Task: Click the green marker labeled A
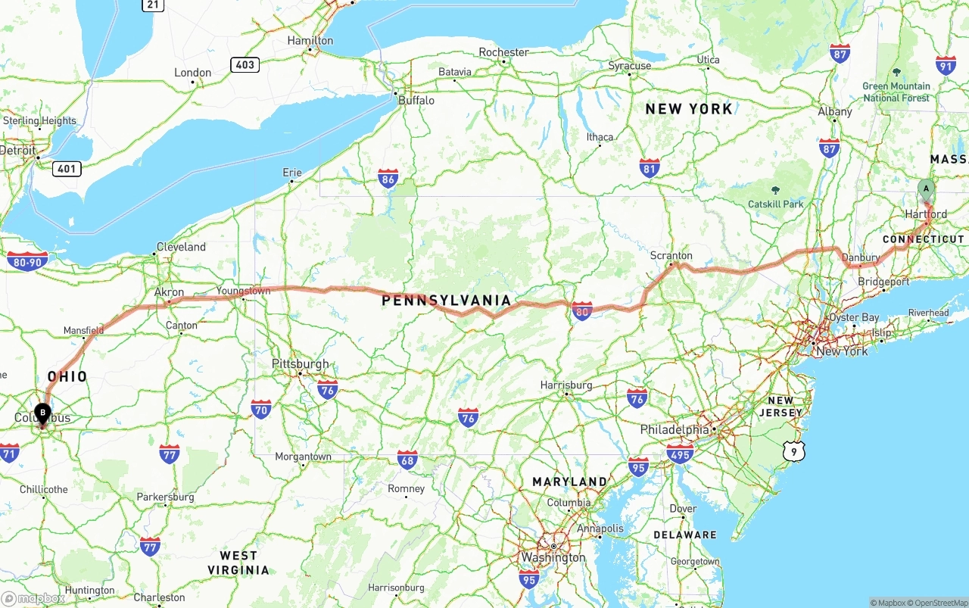pos(925,189)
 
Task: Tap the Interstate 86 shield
pos(388,178)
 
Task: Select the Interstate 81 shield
pos(649,167)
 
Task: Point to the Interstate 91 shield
pos(946,65)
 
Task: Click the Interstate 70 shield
pos(261,410)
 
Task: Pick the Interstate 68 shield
pos(407,459)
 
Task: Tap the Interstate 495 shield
pos(680,454)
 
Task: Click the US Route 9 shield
pos(793,452)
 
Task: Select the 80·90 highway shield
pos(27,261)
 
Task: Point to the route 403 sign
pos(245,64)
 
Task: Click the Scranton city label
pos(671,256)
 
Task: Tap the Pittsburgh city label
pos(301,364)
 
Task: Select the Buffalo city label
pos(416,100)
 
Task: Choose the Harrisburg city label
pos(566,385)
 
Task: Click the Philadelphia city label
pos(675,429)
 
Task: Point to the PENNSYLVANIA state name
pos(447,301)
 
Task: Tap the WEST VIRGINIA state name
pos(238,563)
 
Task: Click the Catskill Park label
pos(775,204)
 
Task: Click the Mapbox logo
pos(33,598)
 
